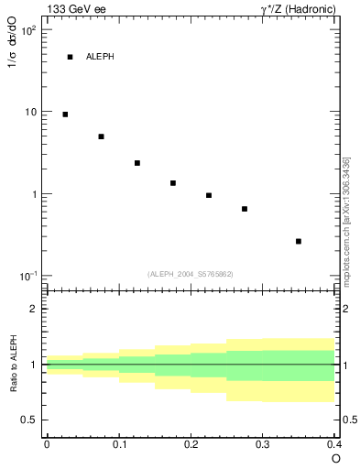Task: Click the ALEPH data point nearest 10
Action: (65, 115)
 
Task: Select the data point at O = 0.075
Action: (101, 136)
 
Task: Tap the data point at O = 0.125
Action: (136, 163)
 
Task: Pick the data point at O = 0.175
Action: (172, 183)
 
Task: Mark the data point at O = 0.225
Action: (209, 195)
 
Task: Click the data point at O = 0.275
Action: (245, 209)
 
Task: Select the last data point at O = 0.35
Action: (299, 241)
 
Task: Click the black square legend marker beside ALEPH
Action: (70, 57)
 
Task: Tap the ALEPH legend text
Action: (100, 57)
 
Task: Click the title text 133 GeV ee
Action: (71, 8)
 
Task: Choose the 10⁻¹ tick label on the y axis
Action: (27, 277)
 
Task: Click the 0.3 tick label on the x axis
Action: (262, 443)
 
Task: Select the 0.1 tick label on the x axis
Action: (118, 443)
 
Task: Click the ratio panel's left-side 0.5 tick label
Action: (30, 420)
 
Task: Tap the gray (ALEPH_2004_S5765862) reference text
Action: (191, 274)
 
